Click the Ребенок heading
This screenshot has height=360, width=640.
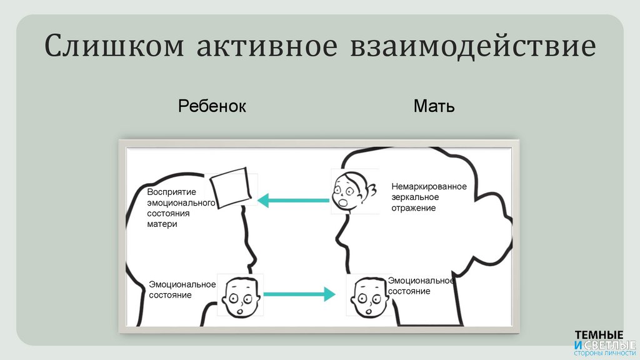pos(212,106)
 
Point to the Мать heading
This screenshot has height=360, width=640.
pos(434,106)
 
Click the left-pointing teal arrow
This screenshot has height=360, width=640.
pos(293,200)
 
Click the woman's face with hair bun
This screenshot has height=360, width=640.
pos(352,191)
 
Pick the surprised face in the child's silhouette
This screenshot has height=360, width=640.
pos(240,294)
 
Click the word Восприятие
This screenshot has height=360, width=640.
pos(172,192)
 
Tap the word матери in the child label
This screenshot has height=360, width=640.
pos(162,224)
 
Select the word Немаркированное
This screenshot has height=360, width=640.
pos(429,186)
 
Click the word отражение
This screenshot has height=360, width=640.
pos(414,207)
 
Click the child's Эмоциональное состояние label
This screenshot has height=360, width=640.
pos(181,289)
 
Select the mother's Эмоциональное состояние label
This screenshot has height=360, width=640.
pos(420,286)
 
